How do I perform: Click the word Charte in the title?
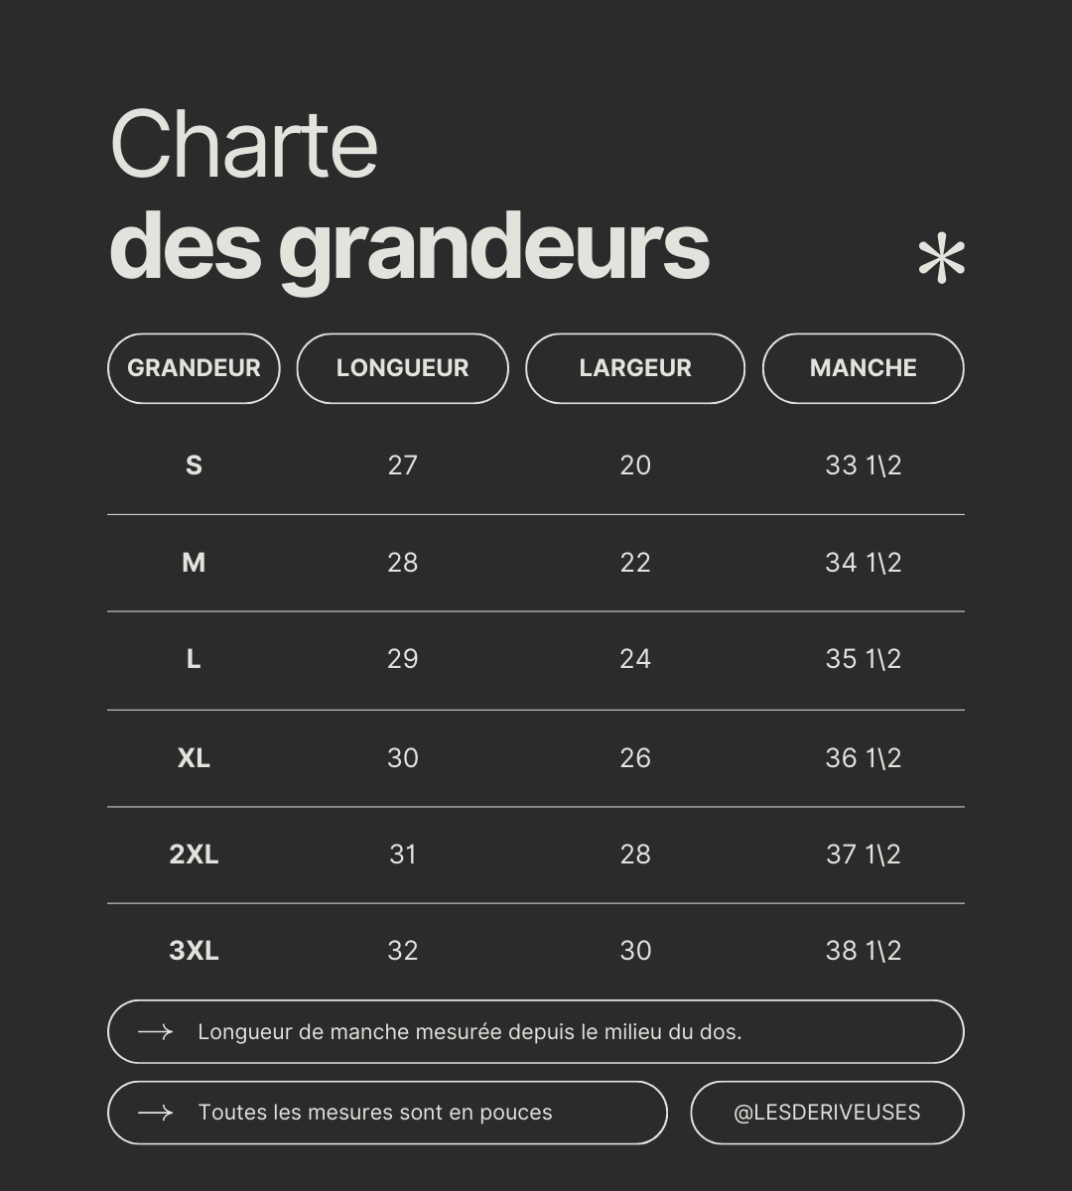[244, 145]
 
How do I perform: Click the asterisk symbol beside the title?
[941, 260]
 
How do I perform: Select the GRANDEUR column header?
[194, 368]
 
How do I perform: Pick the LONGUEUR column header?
[402, 368]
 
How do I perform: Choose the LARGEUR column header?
[635, 368]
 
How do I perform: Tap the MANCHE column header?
[863, 368]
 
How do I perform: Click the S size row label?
[194, 465]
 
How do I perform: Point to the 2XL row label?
[194, 855]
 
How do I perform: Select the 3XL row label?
[194, 951]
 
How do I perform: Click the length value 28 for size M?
[402, 563]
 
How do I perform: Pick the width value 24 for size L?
[635, 659]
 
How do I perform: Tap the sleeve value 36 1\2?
[863, 758]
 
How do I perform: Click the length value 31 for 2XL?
[402, 855]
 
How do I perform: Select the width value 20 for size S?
[635, 465]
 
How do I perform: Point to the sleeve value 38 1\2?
[863, 951]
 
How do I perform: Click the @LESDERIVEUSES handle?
[827, 1113]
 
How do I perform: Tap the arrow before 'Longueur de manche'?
[155, 1032]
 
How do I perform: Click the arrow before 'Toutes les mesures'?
[155, 1113]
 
